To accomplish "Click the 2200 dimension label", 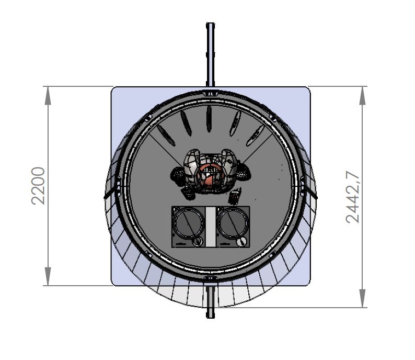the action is tap(38, 186).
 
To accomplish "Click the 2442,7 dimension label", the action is tap(353, 197).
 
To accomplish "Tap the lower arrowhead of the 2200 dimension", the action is tap(48, 276).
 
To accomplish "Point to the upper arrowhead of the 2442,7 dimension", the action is tap(363, 96).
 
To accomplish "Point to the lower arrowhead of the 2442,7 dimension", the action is tap(363, 298).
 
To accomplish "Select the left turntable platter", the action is tap(189, 223).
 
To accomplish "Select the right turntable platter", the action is tap(233, 223).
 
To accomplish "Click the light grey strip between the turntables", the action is tap(211, 227).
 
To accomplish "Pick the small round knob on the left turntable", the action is tap(198, 241).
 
